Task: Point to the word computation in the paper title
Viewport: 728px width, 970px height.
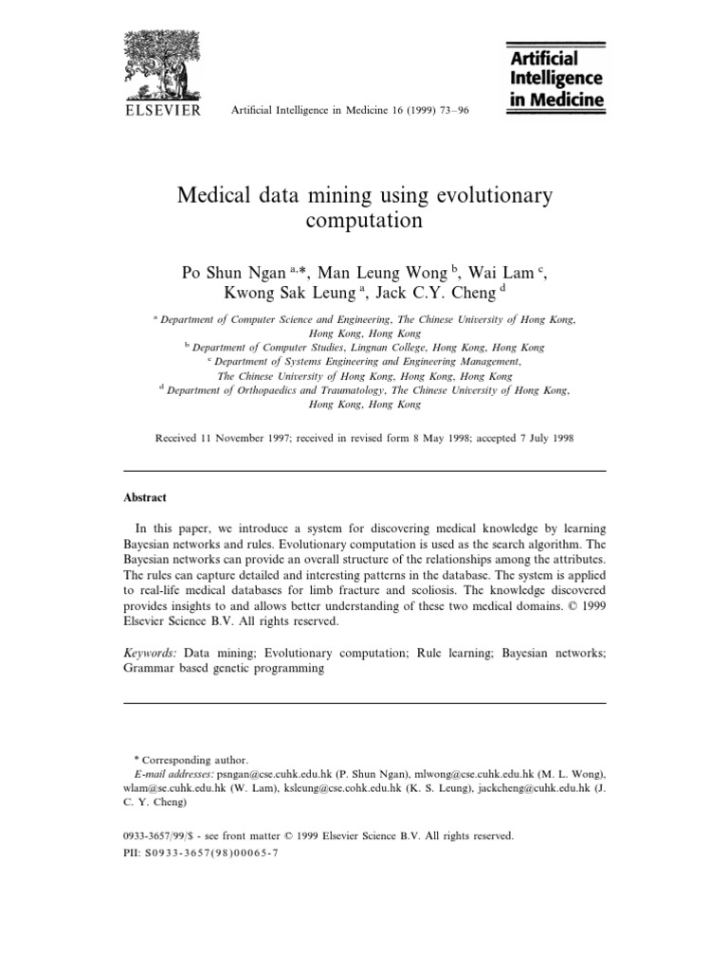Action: pyautogui.click(x=364, y=222)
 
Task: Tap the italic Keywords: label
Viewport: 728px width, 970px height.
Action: pyautogui.click(x=151, y=653)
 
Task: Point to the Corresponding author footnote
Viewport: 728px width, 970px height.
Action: pyautogui.click(x=193, y=760)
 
